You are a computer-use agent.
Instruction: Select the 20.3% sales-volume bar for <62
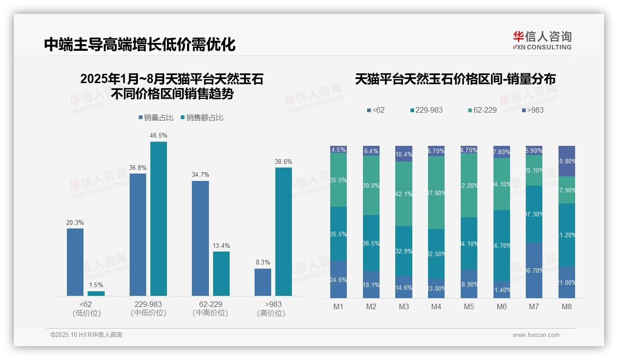[75, 262]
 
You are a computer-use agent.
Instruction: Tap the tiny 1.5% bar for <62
[96, 293]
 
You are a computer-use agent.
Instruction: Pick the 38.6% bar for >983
[284, 231]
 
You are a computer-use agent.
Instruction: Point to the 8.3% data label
[262, 262]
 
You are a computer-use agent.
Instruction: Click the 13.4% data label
[221, 246]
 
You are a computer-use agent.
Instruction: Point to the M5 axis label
[469, 306]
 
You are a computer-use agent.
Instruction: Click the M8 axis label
[567, 306]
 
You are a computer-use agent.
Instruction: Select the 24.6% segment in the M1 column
[339, 279]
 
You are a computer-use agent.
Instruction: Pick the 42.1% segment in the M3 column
[404, 194]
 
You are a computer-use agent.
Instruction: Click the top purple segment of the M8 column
[567, 161]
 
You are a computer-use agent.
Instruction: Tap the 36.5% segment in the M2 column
[371, 243]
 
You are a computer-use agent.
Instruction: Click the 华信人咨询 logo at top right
[542, 40]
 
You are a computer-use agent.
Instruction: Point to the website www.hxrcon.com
[536, 335]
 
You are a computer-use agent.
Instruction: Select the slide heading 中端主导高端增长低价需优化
[140, 44]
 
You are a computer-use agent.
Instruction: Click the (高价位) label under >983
[271, 313]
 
